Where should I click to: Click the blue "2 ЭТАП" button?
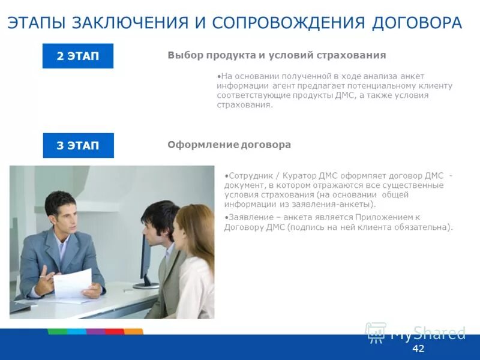(77, 56)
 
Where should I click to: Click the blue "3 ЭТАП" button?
(78, 145)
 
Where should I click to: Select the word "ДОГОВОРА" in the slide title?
(417, 23)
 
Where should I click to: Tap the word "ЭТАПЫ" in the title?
(37, 23)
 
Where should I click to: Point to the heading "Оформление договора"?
(229, 145)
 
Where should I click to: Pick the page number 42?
(418, 349)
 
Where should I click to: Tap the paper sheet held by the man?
(73, 283)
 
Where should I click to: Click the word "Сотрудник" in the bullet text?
(249, 175)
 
